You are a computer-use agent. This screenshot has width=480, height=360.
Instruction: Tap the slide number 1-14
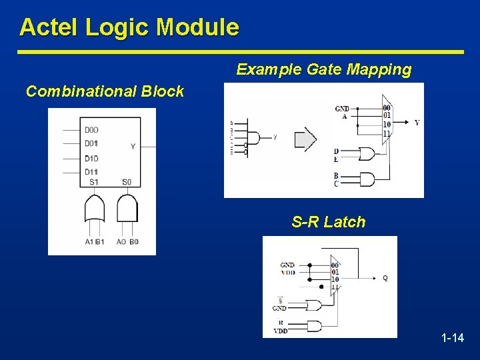point(453,338)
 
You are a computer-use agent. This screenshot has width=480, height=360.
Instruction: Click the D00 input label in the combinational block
point(91,130)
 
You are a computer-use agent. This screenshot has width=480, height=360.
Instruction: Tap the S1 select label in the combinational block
point(93,182)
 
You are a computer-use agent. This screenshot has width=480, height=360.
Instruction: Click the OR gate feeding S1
point(95,209)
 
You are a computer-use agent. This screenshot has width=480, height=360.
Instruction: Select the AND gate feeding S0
point(127,209)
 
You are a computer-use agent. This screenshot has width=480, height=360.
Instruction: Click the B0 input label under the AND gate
point(133,241)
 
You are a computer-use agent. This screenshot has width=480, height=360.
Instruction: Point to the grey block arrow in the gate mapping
point(305,139)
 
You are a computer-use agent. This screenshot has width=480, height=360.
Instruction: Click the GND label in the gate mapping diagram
point(341,108)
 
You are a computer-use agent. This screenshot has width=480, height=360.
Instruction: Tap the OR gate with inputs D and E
point(367,154)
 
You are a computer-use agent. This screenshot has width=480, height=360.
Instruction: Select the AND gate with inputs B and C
point(367,179)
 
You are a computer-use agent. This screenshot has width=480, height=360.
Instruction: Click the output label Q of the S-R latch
point(385,278)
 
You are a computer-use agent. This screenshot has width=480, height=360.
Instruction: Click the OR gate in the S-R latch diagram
point(313,305)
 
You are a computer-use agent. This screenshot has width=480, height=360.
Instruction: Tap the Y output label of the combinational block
point(133,146)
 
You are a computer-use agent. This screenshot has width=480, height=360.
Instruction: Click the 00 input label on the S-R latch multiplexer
point(335,265)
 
